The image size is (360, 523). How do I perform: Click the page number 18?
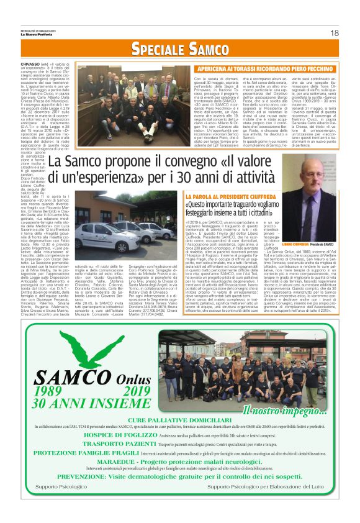click(334, 32)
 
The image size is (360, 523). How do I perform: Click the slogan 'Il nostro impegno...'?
click(278, 410)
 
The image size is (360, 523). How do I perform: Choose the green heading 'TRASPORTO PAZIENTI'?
click(101, 445)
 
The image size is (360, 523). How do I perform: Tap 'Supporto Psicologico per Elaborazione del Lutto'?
click(271, 486)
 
